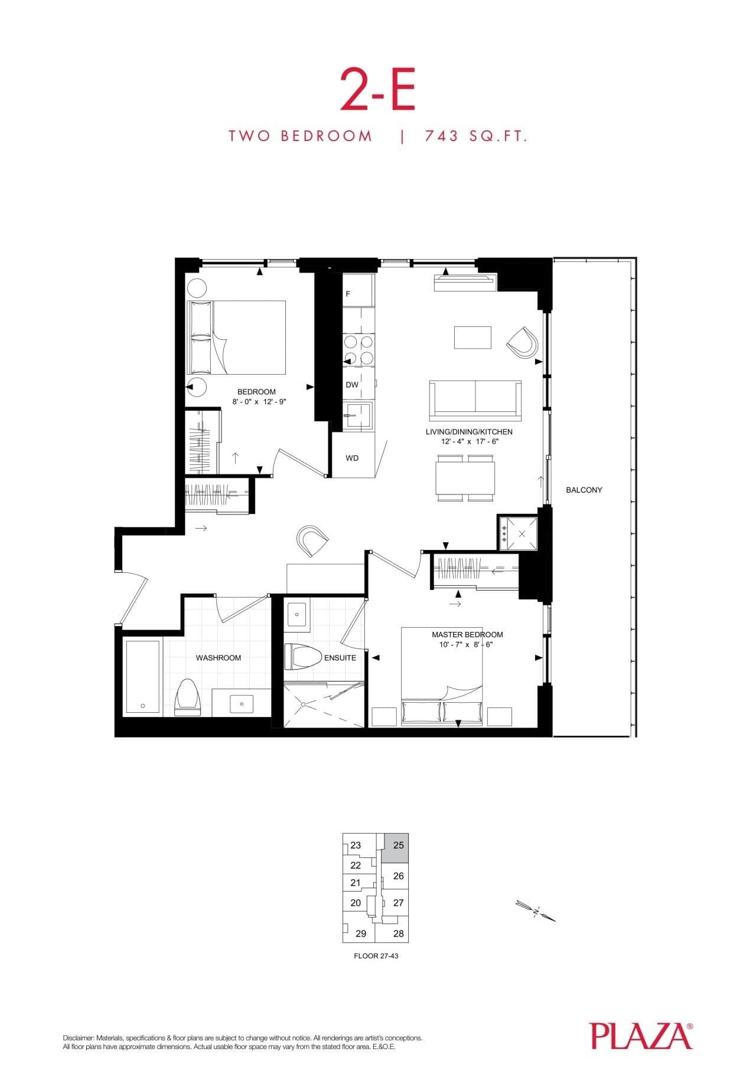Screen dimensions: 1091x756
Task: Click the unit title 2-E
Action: tap(377, 90)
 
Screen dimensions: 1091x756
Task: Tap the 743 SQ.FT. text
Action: tap(475, 136)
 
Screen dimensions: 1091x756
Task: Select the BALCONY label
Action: tap(584, 490)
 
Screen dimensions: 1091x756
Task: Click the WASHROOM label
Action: tap(218, 657)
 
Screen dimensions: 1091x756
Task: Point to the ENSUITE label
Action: tap(340, 657)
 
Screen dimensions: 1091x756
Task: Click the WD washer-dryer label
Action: tap(352, 458)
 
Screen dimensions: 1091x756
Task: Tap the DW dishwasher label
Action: tap(352, 385)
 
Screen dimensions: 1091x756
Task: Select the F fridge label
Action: tap(348, 293)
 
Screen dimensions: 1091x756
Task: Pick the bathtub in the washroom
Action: tap(142, 677)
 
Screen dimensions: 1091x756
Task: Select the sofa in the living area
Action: tap(475, 401)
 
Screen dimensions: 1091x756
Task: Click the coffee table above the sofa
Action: tap(472, 338)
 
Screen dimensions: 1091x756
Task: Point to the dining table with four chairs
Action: tap(465, 478)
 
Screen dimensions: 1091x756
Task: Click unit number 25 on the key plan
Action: tap(399, 845)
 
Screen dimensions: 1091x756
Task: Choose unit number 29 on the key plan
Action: tap(361, 933)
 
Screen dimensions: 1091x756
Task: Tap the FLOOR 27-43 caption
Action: tap(376, 955)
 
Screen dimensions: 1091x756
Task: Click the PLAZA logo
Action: tap(641, 1037)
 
